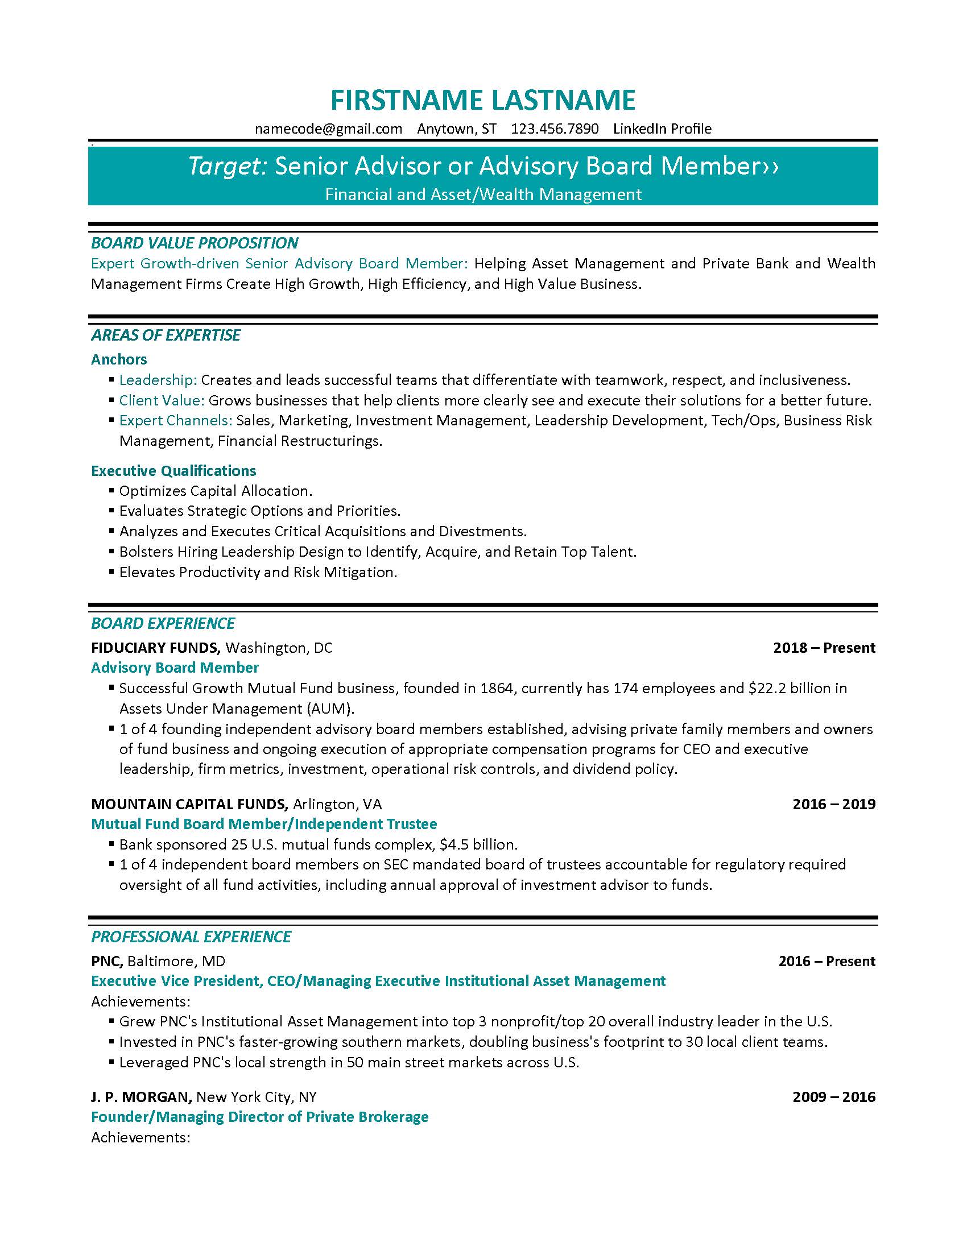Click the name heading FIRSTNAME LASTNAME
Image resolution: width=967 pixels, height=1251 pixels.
point(483,100)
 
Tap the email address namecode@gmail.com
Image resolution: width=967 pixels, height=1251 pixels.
point(328,129)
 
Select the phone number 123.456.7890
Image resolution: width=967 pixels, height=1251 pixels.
point(555,129)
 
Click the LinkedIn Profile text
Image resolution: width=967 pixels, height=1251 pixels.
point(662,129)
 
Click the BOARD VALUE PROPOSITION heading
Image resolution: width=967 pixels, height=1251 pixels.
point(194,243)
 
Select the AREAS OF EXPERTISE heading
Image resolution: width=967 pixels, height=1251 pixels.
point(166,335)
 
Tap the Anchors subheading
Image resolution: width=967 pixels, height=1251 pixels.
point(118,359)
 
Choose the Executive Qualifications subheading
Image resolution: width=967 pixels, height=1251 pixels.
point(173,471)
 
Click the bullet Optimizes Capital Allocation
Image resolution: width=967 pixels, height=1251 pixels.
point(216,491)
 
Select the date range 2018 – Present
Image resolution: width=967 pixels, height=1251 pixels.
point(824,648)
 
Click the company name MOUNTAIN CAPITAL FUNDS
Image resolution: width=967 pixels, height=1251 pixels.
point(189,804)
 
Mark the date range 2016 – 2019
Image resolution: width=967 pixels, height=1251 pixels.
point(833,804)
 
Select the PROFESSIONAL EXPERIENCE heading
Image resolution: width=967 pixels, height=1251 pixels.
point(191,937)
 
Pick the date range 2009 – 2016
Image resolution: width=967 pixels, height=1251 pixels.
point(833,1097)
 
